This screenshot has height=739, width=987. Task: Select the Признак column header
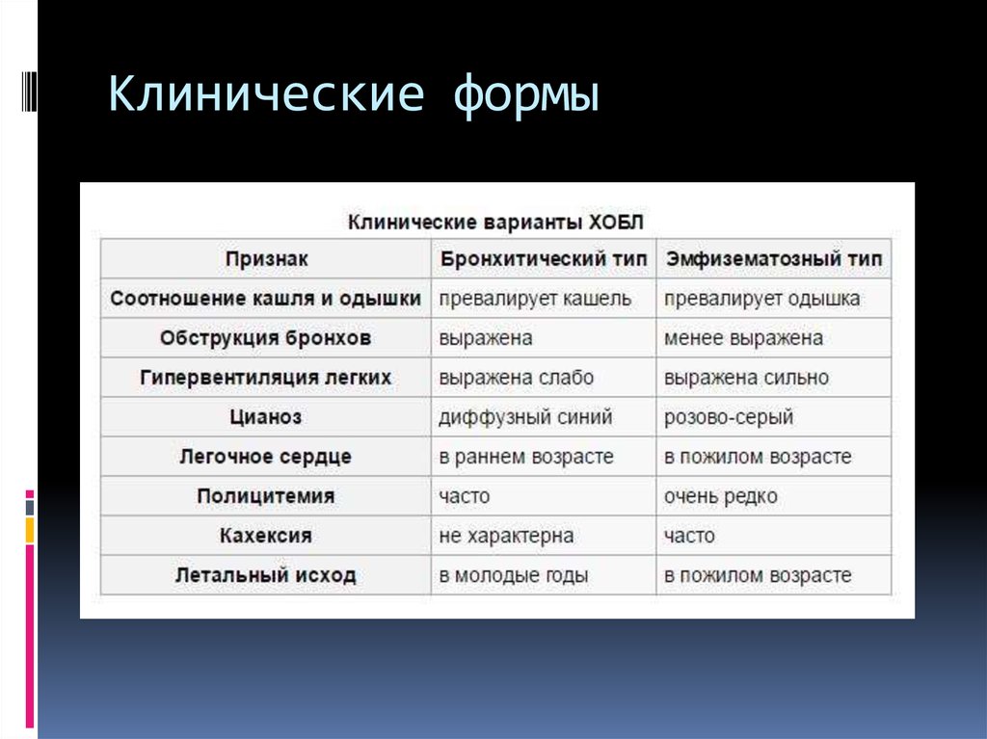[266, 259]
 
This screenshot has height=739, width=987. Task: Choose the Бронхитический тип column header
[543, 259]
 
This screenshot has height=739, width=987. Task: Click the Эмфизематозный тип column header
[773, 259]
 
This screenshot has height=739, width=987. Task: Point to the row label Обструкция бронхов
[266, 338]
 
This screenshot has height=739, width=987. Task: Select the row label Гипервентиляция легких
[266, 378]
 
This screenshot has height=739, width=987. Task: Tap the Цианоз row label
[266, 417]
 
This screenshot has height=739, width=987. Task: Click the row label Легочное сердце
[266, 457]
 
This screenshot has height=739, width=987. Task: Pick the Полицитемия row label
[266, 496]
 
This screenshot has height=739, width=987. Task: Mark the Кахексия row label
[266, 536]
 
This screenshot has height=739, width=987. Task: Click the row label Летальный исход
[266, 575]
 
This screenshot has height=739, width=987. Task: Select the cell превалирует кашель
[535, 299]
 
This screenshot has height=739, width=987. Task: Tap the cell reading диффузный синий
[525, 417]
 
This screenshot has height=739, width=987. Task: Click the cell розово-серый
[729, 417]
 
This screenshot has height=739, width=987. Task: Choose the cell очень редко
[720, 496]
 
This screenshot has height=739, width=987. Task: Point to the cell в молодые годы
[514, 575]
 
